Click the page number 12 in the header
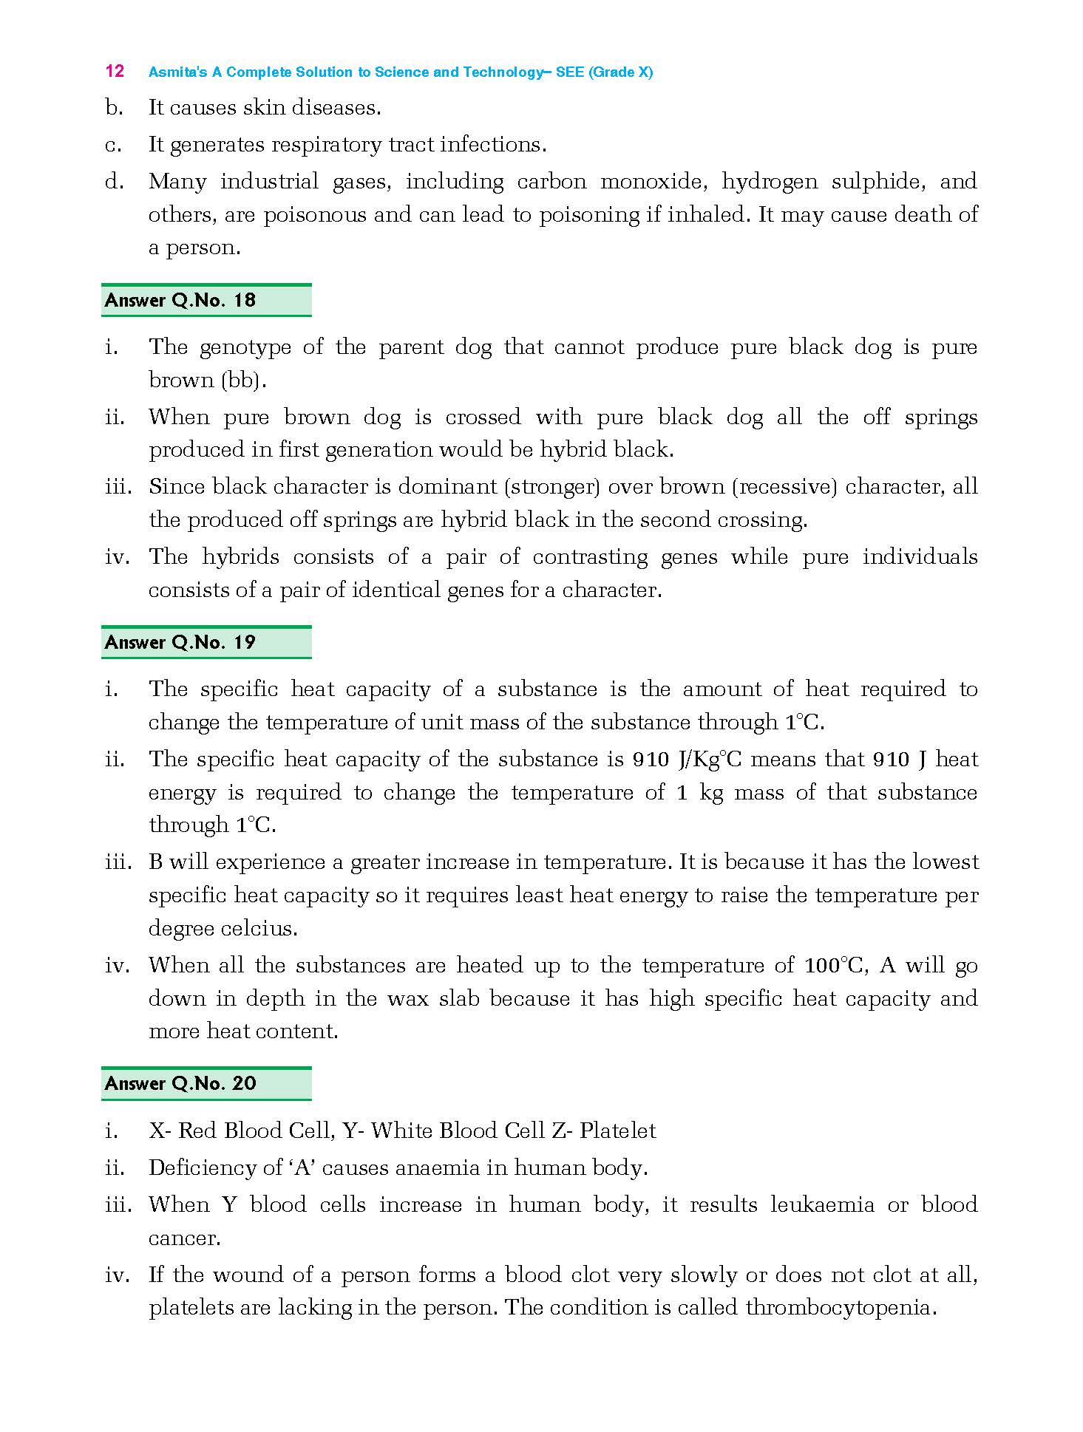coord(115,71)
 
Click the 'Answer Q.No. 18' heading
coord(180,300)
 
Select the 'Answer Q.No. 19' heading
coord(180,642)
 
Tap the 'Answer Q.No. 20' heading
coord(180,1083)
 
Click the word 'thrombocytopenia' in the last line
coord(840,1307)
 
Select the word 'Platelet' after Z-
coord(618,1131)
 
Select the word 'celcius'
coord(259,928)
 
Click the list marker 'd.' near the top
coord(114,181)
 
